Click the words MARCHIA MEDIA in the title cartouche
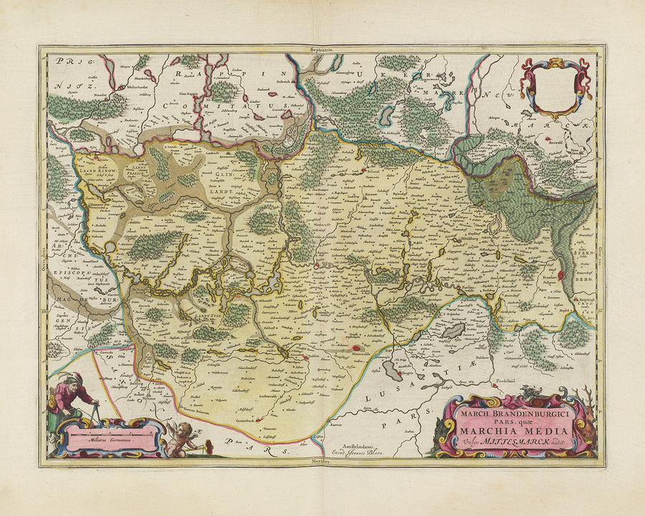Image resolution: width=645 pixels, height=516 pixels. (x=520, y=430)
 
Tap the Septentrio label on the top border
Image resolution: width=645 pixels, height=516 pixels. (x=323, y=49)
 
